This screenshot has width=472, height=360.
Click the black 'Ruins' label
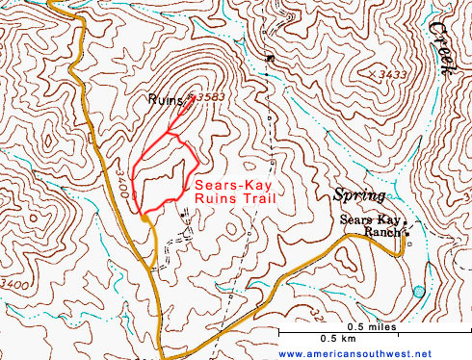pos(167,99)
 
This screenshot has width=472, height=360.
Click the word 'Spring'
pos(357,195)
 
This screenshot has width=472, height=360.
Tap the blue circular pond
pos(418,291)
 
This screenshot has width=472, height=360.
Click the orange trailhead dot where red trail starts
pos(144,219)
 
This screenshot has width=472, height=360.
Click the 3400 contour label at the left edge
pos(13,284)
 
